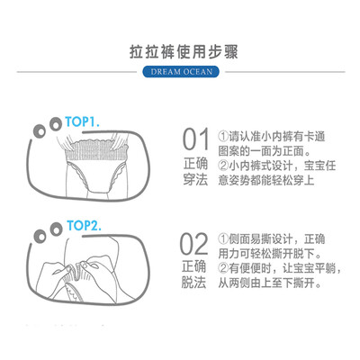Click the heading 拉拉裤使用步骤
pyautogui.click(x=184, y=52)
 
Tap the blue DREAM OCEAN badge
pyautogui.click(x=181, y=72)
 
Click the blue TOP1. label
pyautogui.click(x=82, y=122)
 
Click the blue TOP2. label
pyautogui.click(x=84, y=226)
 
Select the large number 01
pyautogui.click(x=196, y=139)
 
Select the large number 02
pyautogui.click(x=194, y=244)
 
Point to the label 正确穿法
pyautogui.click(x=195, y=172)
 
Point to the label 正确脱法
pyautogui.click(x=194, y=274)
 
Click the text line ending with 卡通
pyautogui.click(x=272, y=137)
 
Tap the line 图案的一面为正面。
pyautogui.click(x=265, y=151)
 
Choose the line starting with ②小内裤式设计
pyautogui.click(x=277, y=166)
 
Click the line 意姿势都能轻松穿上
pyautogui.click(x=266, y=180)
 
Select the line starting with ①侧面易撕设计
pyautogui.click(x=272, y=239)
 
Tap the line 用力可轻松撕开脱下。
pyautogui.click(x=270, y=254)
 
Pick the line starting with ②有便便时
pyautogui.click(x=280, y=268)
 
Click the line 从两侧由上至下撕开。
pyautogui.click(x=270, y=283)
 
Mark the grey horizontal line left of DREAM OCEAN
pyautogui.click(x=76, y=72)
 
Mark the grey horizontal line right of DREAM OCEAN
pyautogui.click(x=285, y=72)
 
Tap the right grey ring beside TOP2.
pyautogui.click(x=56, y=230)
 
